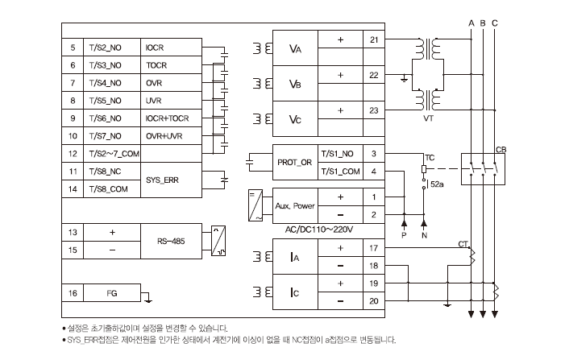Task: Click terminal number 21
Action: tap(373, 39)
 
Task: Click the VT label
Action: tap(429, 118)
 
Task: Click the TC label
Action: tap(429, 156)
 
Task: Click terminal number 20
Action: tap(373, 300)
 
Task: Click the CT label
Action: tap(463, 242)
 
